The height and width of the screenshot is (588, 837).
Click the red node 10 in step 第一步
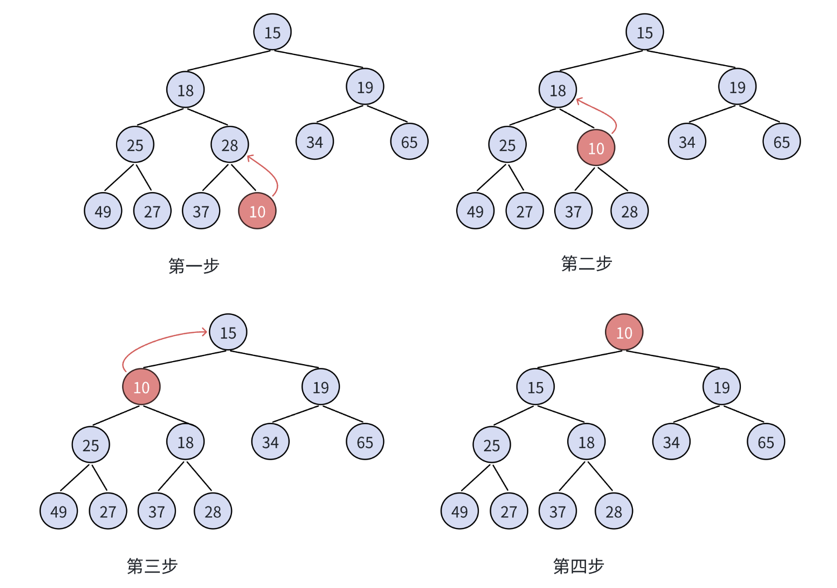(257, 211)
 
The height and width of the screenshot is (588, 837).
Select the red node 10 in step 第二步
(596, 148)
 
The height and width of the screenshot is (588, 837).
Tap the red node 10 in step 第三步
(141, 387)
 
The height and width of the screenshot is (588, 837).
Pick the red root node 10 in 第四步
(624, 332)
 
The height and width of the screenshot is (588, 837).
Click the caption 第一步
(194, 266)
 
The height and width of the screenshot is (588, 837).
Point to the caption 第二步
(586, 263)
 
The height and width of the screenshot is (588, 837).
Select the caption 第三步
(152, 566)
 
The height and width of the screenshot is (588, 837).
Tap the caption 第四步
(578, 566)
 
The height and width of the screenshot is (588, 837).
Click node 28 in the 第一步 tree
(230, 145)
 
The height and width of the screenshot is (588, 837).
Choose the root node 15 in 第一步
(272, 32)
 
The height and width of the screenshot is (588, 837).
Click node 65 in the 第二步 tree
(781, 142)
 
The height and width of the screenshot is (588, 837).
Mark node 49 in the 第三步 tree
(59, 511)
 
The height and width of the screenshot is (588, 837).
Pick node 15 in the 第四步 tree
(535, 387)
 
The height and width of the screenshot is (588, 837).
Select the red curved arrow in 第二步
(605, 111)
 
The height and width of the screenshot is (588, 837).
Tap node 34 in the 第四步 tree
(671, 441)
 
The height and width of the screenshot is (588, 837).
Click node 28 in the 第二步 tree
(629, 211)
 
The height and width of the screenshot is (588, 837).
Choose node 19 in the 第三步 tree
(321, 387)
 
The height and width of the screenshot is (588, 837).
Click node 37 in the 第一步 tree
(201, 211)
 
